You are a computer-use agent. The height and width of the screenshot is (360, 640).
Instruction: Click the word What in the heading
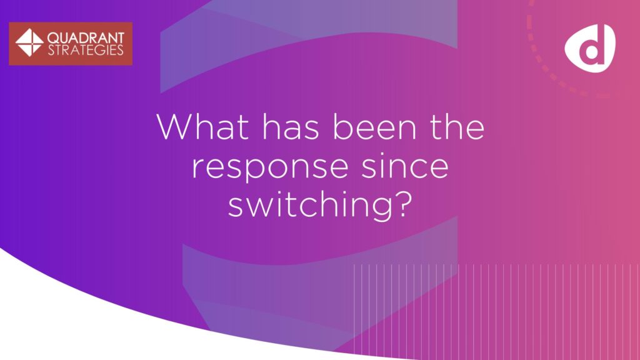click(202, 127)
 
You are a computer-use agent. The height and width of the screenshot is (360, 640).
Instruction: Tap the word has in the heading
click(290, 127)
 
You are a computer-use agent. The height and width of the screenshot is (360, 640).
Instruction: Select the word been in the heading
click(374, 127)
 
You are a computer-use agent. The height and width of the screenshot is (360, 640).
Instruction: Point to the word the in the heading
click(457, 127)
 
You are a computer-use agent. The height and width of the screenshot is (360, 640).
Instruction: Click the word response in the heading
click(270, 167)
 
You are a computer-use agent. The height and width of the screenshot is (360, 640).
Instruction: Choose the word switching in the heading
click(311, 204)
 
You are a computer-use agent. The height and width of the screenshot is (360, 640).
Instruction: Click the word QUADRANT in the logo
click(86, 38)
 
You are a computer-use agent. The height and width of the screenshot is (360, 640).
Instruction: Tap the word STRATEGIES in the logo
click(86, 50)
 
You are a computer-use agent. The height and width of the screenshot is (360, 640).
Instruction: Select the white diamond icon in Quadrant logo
click(29, 42)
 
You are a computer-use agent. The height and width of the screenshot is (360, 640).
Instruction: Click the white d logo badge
click(590, 48)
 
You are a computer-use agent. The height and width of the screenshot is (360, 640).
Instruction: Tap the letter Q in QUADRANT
click(54, 39)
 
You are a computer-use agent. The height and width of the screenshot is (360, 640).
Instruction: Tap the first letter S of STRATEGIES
click(51, 50)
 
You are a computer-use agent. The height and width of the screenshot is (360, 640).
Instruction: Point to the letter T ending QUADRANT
click(119, 38)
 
